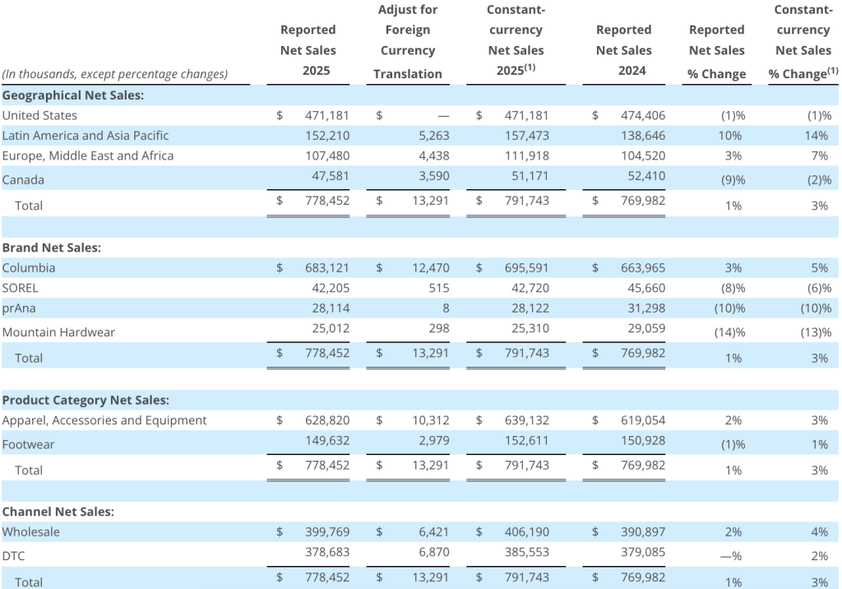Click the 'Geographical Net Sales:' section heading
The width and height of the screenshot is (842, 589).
73,95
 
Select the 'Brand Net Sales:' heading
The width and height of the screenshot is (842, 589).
52,248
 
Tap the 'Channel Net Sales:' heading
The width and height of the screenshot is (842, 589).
58,512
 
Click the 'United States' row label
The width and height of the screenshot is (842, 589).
39,115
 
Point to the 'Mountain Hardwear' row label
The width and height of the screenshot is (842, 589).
58,332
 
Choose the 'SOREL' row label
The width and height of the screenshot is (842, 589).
21,288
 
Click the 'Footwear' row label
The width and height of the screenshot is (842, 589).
29,444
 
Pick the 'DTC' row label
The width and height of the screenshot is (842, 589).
13,555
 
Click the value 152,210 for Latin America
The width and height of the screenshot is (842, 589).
327,136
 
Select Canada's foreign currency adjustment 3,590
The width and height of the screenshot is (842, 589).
434,176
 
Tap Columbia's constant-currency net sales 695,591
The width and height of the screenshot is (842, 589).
527,267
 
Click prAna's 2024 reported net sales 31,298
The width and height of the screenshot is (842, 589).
646,308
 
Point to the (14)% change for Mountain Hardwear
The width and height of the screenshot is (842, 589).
730,332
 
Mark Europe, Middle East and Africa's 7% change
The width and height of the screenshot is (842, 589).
820,155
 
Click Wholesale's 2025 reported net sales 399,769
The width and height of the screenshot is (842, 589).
327,532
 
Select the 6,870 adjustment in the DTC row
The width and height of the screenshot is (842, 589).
434,552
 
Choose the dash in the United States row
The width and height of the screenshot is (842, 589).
443,116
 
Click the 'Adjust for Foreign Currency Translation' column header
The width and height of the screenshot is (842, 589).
408,42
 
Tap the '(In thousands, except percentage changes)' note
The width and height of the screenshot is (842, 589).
115,74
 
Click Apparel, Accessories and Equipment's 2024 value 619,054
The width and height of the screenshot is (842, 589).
643,420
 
